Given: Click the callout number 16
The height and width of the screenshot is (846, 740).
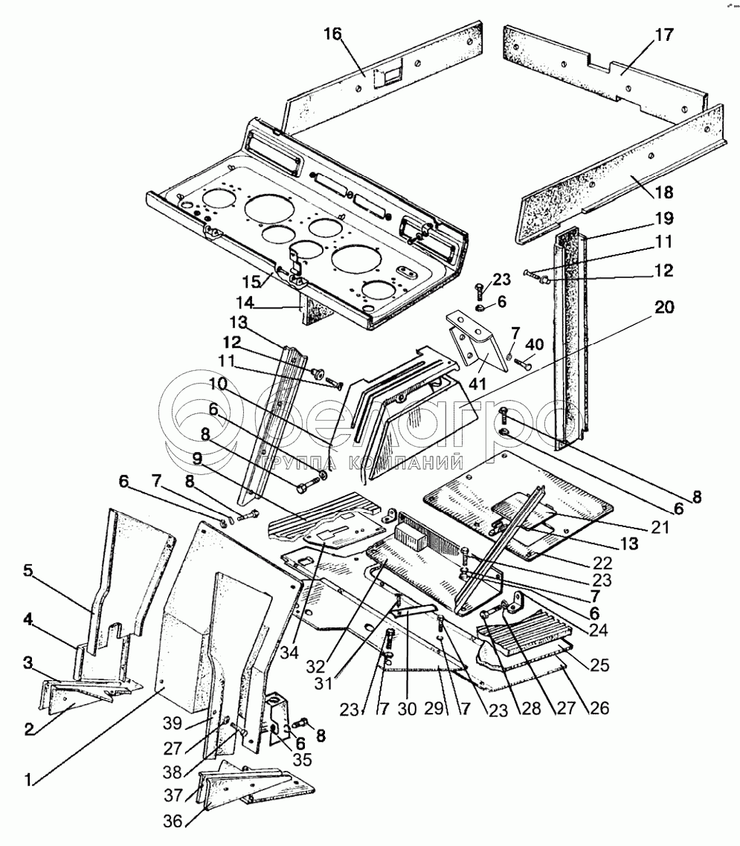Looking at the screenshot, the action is point(333,34).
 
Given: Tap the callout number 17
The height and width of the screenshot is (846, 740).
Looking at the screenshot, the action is point(664,35).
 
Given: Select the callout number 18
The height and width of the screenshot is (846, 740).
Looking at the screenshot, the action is point(664,192).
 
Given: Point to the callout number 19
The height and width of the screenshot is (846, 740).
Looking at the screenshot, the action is point(664,219).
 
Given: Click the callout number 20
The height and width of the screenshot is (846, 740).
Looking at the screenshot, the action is point(664,307).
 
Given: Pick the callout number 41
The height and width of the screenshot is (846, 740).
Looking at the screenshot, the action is point(478,384).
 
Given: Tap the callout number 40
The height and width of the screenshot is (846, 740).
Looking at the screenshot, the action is point(534,344).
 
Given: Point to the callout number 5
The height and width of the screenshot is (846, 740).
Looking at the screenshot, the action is point(28,570).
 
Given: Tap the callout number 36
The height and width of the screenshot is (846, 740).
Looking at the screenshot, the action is point(174,821).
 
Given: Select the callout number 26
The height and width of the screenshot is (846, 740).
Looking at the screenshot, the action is point(599,707).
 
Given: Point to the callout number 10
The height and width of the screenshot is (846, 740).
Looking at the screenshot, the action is point(219,384).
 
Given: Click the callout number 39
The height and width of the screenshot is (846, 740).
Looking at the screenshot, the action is point(174,723).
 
